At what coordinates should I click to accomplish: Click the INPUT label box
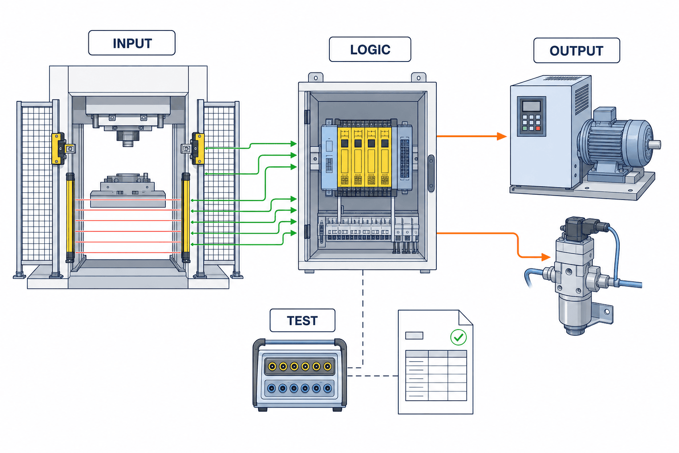[132, 43]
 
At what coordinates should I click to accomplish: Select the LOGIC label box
[370, 50]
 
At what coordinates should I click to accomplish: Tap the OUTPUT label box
[576, 50]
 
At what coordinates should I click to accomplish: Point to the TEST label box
[302, 320]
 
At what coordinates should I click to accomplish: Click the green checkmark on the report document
[458, 337]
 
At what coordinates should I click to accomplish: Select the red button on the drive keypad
[538, 129]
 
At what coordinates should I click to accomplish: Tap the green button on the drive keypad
[525, 129]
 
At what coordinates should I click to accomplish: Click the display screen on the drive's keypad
[531, 106]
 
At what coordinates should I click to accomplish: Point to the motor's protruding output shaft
[654, 144]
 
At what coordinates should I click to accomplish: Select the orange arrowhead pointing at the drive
[502, 137]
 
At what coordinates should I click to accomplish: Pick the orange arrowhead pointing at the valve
[545, 257]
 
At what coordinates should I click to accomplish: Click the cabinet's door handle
[431, 173]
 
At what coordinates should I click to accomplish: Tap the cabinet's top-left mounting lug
[316, 77]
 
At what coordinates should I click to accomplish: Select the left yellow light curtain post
[70, 218]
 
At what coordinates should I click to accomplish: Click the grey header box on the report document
[414, 335]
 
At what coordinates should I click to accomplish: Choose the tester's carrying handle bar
[299, 342]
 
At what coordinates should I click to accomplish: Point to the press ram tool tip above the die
[128, 143]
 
